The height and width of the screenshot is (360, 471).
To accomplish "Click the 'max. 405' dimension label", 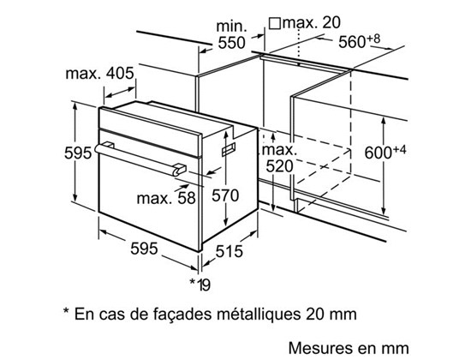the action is click(99, 74).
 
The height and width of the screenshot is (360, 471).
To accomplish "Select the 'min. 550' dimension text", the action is click(231, 34).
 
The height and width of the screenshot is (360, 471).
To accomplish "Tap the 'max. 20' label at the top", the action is click(312, 22).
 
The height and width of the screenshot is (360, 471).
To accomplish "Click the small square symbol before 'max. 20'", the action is click(275, 23).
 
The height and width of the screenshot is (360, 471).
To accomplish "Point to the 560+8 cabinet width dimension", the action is click(360, 40).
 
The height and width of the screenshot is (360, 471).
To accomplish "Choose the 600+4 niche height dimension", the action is click(385, 152).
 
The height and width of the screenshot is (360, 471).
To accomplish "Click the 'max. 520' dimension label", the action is click(279, 158).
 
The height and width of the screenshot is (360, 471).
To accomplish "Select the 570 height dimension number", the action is click(225, 195).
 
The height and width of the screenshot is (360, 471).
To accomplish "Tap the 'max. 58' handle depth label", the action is click(166, 198).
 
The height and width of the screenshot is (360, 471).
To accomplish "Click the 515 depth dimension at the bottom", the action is click(229, 251).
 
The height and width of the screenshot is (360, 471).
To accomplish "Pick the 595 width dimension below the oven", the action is click(144, 249).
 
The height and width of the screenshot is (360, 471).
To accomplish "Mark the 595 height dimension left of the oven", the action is click(78, 153).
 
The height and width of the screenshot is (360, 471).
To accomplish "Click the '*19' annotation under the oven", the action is click(200, 285).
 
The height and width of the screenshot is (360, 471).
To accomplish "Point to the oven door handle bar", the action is click(140, 159).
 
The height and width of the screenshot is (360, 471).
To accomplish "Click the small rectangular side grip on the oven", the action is click(229, 149).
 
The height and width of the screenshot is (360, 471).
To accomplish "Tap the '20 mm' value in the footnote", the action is click(331, 315).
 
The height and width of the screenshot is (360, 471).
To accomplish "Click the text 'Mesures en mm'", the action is click(349, 348).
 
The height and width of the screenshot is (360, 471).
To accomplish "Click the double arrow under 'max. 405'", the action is click(121, 93).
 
